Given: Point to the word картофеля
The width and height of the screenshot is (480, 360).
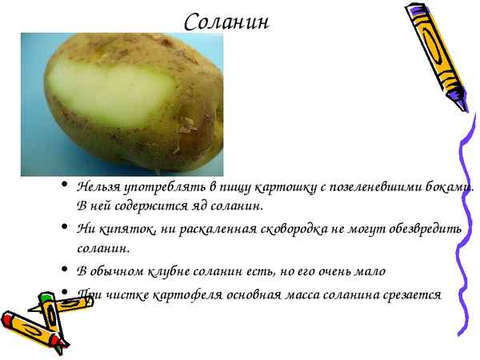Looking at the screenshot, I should tap(182, 294).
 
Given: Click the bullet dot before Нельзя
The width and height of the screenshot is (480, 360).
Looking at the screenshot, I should tap(63, 188).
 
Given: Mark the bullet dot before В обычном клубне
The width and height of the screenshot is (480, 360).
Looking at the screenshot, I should tap(63, 271).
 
